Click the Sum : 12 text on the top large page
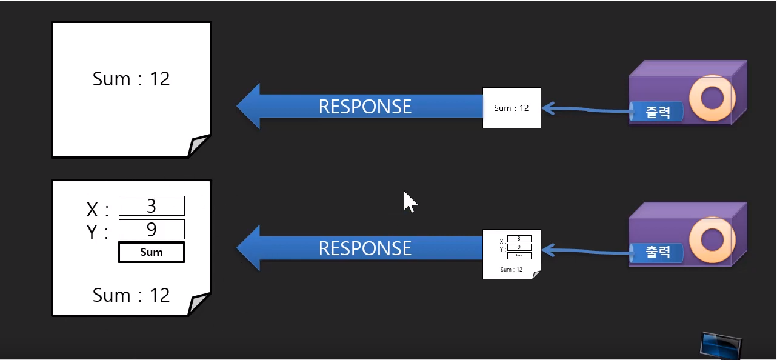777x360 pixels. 131,79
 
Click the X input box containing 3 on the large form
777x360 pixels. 152,206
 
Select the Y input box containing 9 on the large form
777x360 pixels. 152,230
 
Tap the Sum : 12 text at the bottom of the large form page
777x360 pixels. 131,295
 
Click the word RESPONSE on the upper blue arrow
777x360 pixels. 365,107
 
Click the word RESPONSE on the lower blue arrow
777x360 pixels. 365,248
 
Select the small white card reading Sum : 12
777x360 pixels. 511,108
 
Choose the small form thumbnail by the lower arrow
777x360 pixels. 511,254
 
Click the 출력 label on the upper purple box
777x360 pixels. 658,112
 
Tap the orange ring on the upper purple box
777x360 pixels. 712,97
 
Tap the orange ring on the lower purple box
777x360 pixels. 712,238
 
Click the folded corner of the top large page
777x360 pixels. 198,145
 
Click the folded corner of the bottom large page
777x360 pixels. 198,304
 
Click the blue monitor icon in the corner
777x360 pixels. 720,346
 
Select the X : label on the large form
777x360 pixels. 98,210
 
